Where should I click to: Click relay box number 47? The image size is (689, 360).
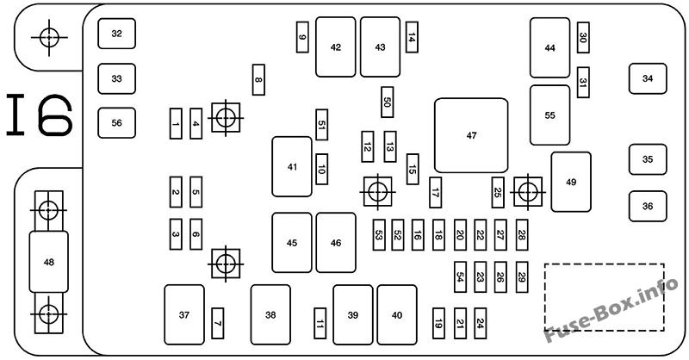(x=471, y=135)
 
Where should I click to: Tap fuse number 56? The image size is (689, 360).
(x=117, y=122)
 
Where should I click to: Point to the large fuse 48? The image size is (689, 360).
(x=48, y=261)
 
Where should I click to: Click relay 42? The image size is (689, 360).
(x=336, y=47)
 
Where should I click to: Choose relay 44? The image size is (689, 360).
(x=550, y=47)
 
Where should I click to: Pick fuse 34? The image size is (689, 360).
(x=648, y=78)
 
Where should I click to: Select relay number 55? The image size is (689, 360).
(x=550, y=115)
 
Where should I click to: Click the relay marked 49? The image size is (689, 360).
(x=571, y=182)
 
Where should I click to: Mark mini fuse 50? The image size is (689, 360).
(x=388, y=102)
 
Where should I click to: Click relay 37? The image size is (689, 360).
(x=183, y=315)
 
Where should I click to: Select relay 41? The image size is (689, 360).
(x=292, y=166)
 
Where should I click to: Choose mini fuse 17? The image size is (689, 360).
(x=436, y=193)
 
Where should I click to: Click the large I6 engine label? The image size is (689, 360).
(x=40, y=115)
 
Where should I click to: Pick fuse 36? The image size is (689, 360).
(x=648, y=206)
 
